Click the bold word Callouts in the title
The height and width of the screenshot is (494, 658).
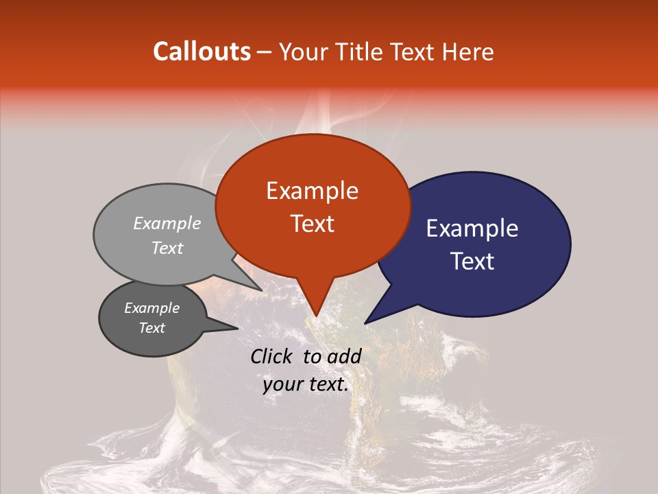click(x=202, y=51)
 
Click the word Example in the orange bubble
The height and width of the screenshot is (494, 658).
click(x=312, y=191)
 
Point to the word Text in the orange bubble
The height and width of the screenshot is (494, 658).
click(x=312, y=224)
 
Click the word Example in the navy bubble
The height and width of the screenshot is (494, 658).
click(x=472, y=228)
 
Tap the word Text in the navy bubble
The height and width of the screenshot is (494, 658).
click(x=472, y=261)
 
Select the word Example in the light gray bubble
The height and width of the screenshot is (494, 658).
click(x=167, y=223)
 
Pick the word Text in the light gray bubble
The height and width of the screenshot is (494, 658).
click(x=167, y=248)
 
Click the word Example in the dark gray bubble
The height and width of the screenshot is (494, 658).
click(x=151, y=308)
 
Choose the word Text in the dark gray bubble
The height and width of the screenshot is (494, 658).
click(x=151, y=328)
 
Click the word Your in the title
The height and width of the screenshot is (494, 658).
click(x=300, y=51)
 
